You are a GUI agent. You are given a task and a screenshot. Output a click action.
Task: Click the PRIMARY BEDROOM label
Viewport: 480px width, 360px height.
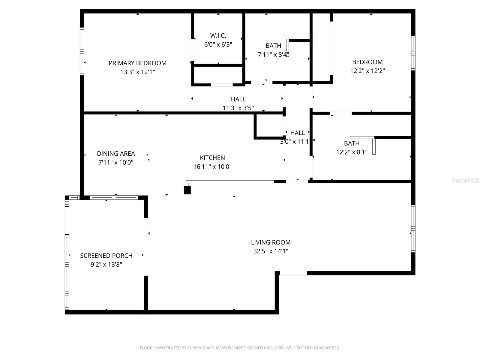[137, 63]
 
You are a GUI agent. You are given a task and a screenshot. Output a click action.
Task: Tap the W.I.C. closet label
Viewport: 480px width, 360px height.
[218, 36]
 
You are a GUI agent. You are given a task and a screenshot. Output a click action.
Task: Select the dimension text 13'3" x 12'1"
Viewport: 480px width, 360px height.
[137, 72]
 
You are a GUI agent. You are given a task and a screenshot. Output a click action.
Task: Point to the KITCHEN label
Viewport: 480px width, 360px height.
[212, 158]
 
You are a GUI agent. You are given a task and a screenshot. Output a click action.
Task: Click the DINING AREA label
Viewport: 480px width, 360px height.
[116, 154]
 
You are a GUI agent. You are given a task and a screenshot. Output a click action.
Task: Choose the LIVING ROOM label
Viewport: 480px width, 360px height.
[271, 242]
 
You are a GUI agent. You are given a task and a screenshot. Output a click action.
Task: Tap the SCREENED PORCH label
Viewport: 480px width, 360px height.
[106, 256]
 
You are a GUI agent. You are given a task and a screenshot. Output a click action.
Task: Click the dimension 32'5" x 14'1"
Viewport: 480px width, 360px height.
[271, 251]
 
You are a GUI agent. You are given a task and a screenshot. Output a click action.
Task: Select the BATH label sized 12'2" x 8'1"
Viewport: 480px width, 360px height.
[352, 143]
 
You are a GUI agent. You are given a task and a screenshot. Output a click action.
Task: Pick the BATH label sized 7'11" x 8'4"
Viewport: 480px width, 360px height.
[273, 46]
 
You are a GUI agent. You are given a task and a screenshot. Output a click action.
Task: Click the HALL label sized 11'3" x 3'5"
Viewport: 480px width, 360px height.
[238, 99]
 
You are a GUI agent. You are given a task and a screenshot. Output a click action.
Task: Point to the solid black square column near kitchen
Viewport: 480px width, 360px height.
[187, 190]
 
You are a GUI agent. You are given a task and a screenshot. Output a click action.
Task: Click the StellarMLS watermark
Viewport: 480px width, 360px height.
[465, 180]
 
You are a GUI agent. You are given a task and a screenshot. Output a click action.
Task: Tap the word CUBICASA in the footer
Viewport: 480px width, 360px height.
[196, 348]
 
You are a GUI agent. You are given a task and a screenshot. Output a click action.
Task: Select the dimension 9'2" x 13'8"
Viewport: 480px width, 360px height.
[106, 265]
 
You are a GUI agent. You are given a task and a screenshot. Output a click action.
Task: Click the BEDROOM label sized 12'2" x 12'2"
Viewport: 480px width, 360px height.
[367, 62]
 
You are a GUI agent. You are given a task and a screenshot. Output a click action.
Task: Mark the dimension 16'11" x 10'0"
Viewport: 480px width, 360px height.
[212, 167]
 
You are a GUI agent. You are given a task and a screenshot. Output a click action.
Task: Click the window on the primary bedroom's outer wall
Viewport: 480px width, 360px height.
[82, 51]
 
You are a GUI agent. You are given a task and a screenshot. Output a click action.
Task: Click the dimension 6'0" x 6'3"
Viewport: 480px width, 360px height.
[218, 45]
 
